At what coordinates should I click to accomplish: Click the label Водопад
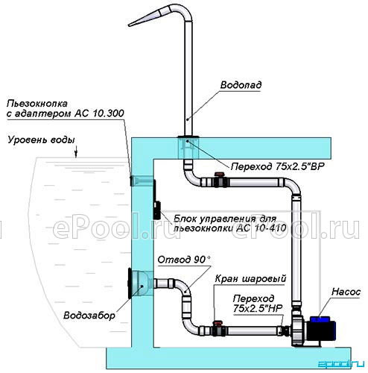point(241,85)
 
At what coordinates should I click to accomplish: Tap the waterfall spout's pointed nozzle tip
point(129,25)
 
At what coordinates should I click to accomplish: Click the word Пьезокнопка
point(37,104)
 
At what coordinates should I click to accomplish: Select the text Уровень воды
point(41,140)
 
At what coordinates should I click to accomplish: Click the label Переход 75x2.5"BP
point(278,166)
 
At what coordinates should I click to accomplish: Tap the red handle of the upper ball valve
point(219,175)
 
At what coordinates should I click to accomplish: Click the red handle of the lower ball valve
point(218,322)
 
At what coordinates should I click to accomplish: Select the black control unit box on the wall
point(156,210)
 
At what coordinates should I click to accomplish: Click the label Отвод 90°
point(184,260)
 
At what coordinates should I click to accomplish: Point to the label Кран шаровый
point(250,279)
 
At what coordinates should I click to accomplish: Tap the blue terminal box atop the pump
point(320,319)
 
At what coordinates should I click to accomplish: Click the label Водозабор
point(89,316)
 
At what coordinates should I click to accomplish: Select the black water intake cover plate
point(130,283)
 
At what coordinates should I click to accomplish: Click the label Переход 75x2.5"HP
point(258,303)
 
